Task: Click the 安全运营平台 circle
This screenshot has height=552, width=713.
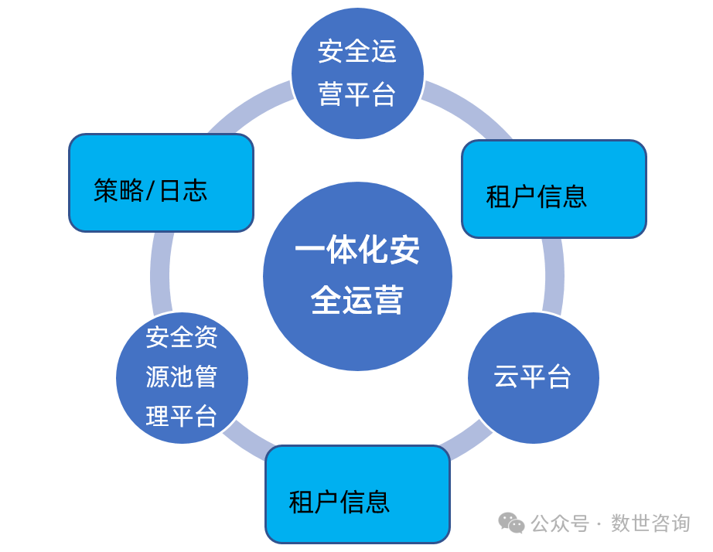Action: (x=357, y=73)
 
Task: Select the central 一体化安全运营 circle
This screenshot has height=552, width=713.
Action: (x=357, y=276)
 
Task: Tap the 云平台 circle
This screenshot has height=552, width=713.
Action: (x=533, y=377)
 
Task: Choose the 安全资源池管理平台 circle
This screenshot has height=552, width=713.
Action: (x=182, y=377)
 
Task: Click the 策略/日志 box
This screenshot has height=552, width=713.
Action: (x=161, y=182)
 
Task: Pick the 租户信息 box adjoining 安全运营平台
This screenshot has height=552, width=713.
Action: (x=554, y=189)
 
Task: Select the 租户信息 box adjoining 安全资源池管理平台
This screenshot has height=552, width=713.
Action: (x=357, y=494)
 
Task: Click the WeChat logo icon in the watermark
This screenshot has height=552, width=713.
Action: (x=511, y=523)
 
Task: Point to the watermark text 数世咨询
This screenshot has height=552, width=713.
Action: (x=650, y=523)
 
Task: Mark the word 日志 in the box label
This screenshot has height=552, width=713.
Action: (x=183, y=190)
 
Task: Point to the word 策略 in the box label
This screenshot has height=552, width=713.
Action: (x=118, y=190)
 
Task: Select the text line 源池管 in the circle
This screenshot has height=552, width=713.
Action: (x=182, y=377)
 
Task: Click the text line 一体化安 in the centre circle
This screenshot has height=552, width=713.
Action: (x=357, y=250)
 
